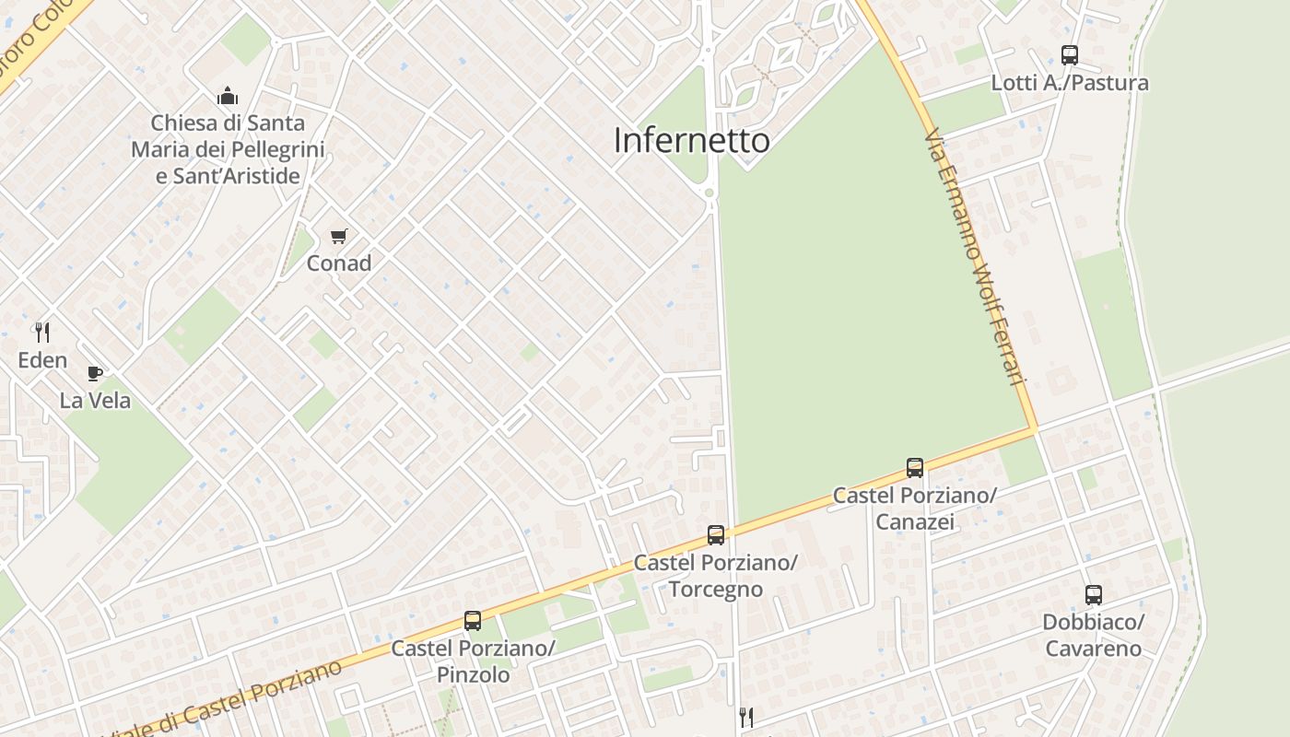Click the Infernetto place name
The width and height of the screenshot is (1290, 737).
click(691, 140)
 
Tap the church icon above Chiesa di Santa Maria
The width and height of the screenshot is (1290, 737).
click(228, 96)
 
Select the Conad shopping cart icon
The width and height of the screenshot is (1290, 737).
click(339, 237)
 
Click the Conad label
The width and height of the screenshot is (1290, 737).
click(339, 263)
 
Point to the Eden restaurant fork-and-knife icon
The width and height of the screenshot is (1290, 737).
click(42, 332)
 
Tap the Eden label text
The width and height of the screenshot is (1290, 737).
click(42, 360)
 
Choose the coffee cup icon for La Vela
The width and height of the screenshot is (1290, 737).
click(95, 373)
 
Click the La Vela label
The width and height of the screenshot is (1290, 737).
click(95, 401)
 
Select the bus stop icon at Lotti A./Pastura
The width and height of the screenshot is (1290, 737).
click(1069, 55)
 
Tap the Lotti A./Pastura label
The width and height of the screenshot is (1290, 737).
click(1069, 83)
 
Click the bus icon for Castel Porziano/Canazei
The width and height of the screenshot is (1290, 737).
click(914, 468)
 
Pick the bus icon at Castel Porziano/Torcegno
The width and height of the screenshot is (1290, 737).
click(715, 535)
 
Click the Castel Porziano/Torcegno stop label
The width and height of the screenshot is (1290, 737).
click(715, 576)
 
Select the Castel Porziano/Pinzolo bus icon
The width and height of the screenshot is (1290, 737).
click(473, 621)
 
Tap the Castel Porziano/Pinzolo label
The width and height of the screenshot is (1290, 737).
click(473, 661)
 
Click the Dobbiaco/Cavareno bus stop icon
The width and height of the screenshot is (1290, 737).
click(1093, 595)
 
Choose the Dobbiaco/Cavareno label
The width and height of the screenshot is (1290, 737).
click(1093, 636)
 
